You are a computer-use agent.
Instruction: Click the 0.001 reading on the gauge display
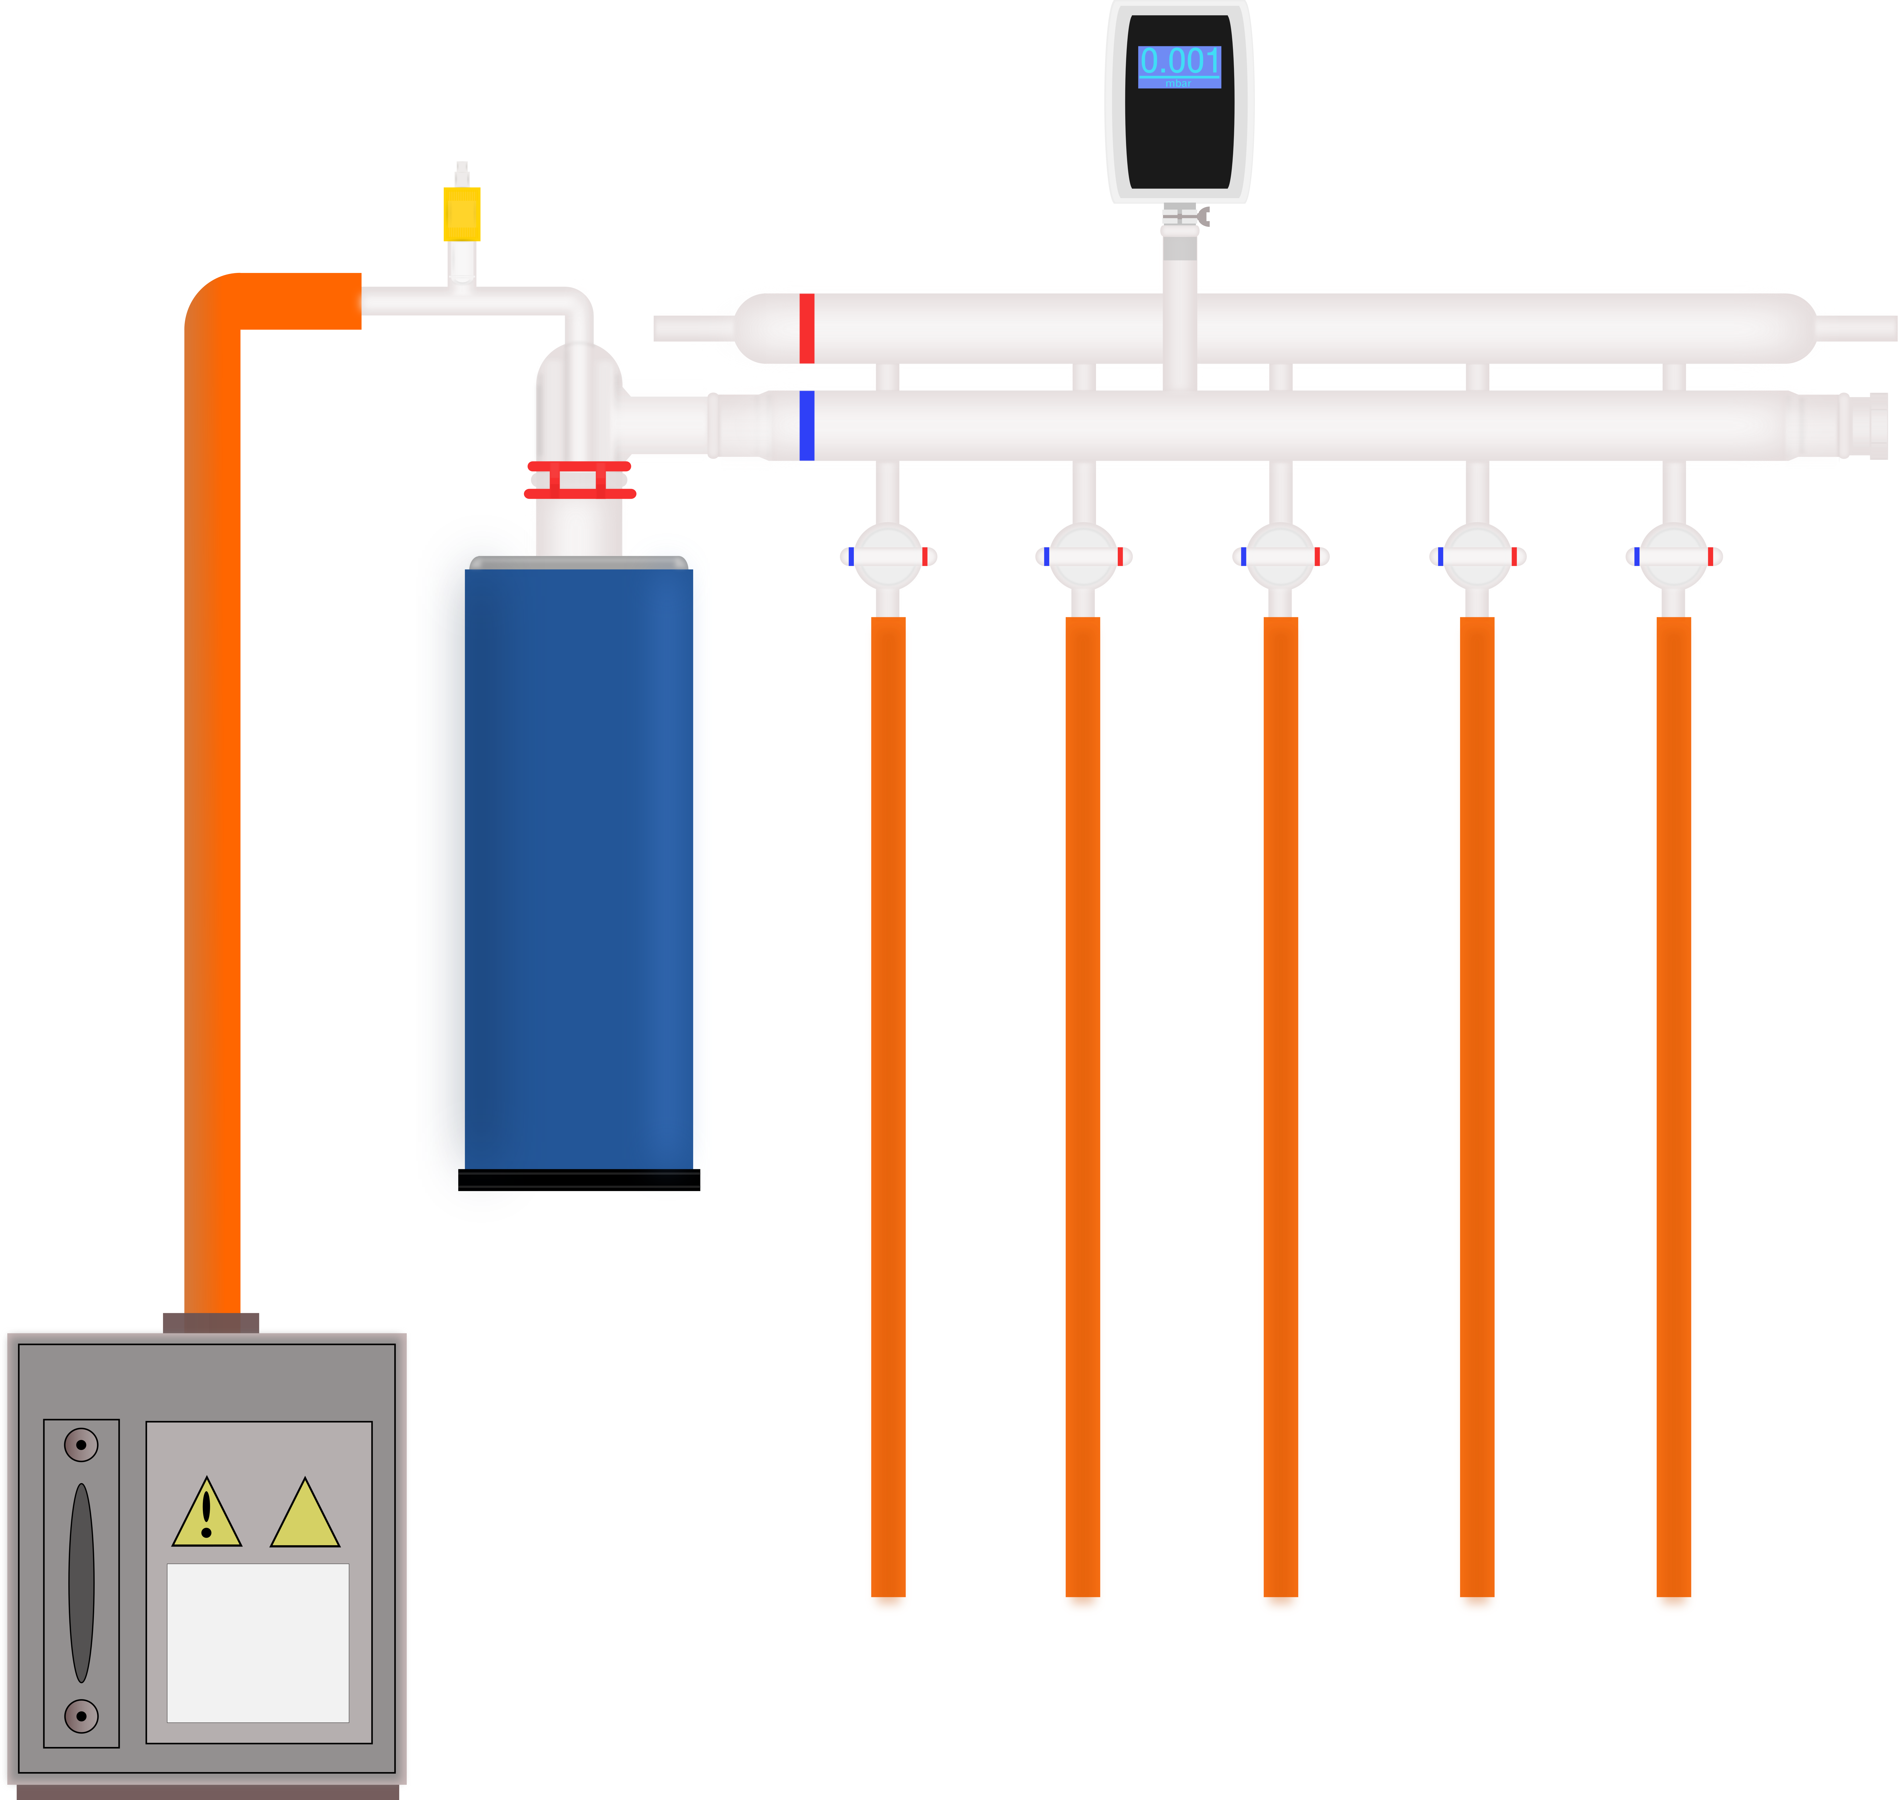tap(1179, 61)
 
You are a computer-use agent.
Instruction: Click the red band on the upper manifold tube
tap(807, 328)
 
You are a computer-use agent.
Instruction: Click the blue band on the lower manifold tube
tap(807, 425)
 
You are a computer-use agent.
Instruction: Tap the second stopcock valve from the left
tap(1083, 556)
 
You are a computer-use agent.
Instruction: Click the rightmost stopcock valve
tap(1674, 556)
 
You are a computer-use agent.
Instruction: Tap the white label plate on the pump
tap(258, 1643)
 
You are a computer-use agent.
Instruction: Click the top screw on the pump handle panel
tap(82, 1444)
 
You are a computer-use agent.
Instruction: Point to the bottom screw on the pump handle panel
tap(82, 1716)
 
